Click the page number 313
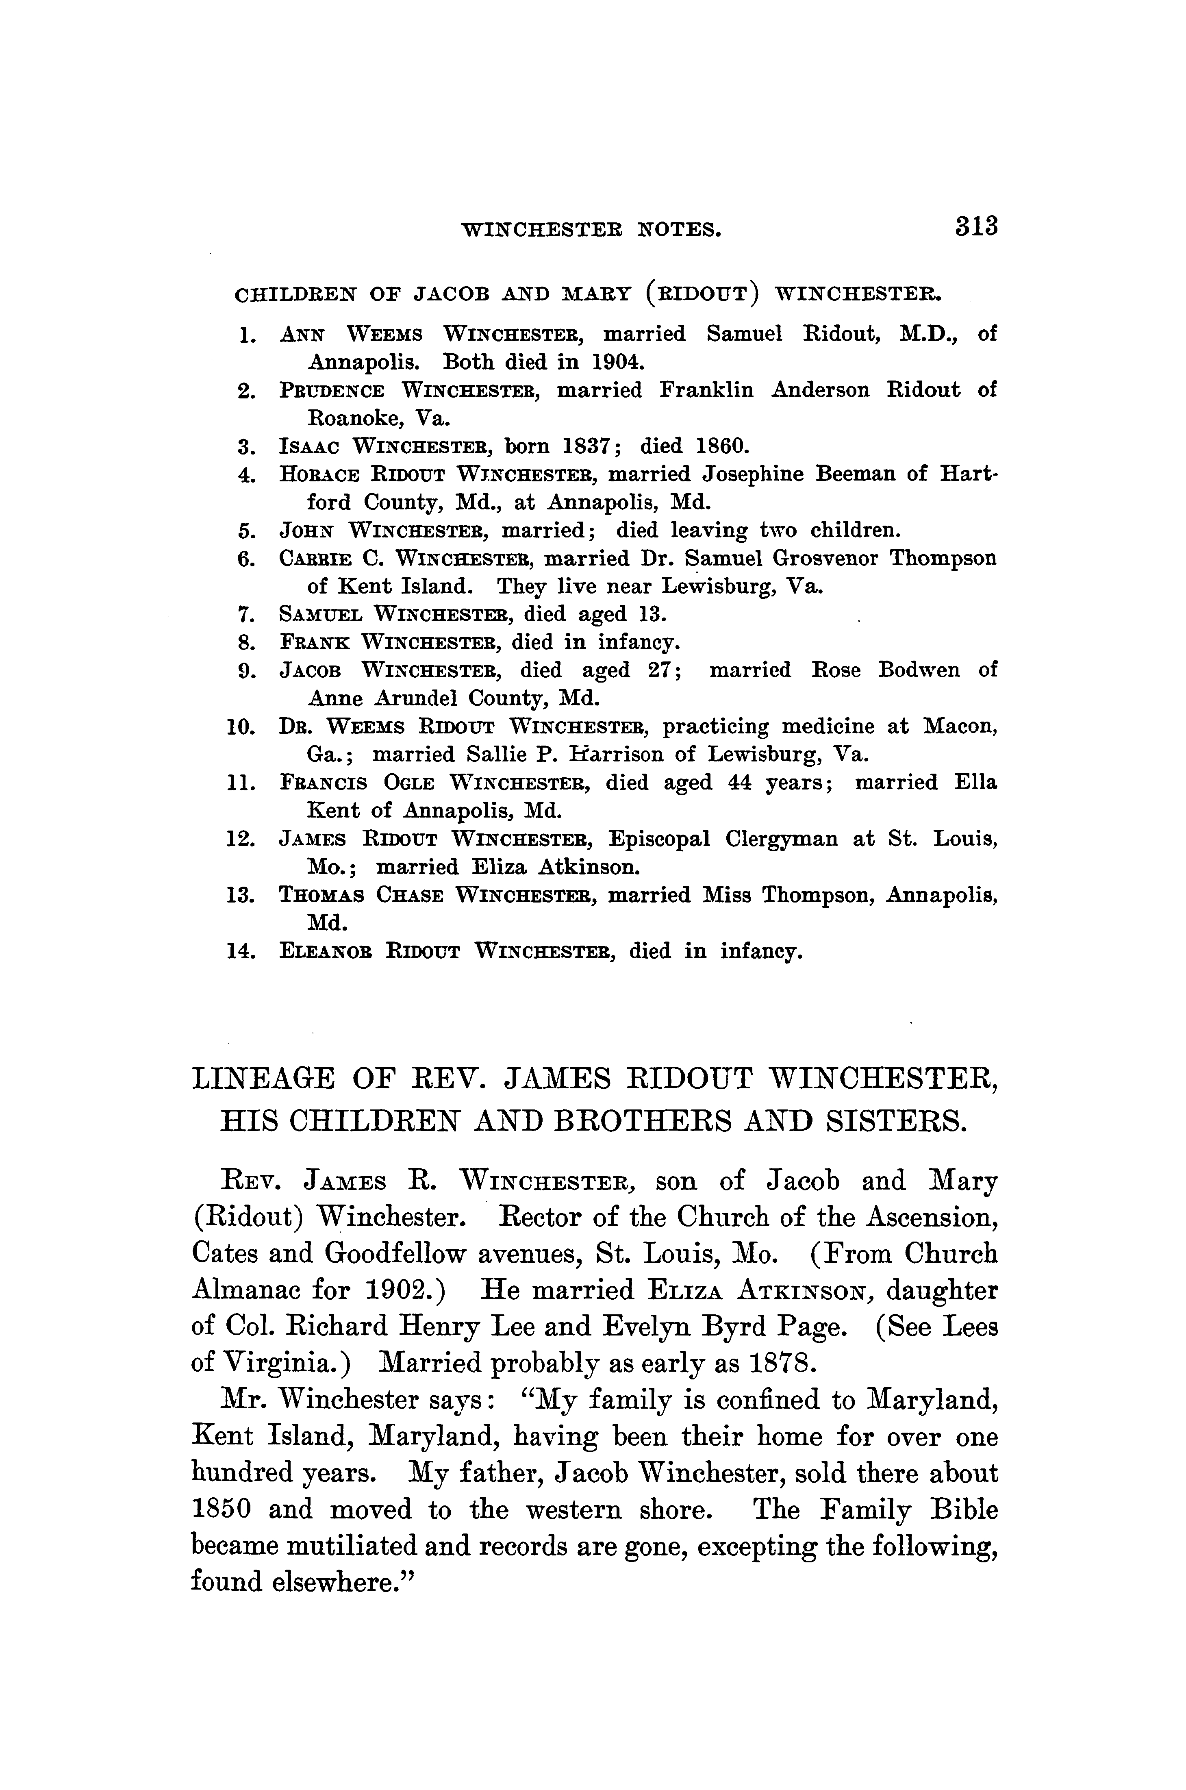click(977, 227)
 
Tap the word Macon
click(960, 726)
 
